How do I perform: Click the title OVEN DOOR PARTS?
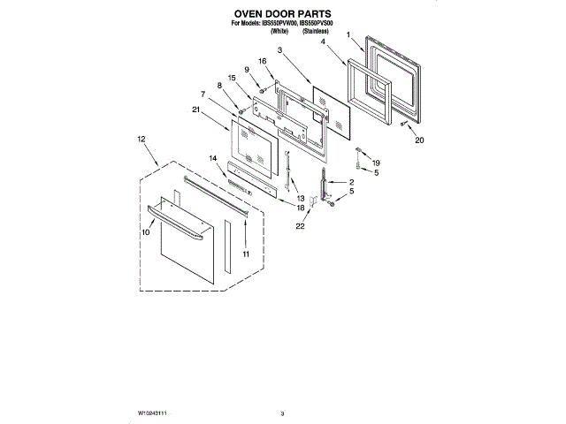click(283, 15)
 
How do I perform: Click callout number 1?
click(349, 35)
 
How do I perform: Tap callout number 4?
click(324, 42)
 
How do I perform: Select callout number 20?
click(419, 140)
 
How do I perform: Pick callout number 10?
click(146, 231)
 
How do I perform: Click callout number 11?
click(246, 254)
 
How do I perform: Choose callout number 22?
click(300, 227)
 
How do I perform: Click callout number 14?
click(212, 157)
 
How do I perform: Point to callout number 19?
click(375, 163)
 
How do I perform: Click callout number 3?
click(279, 53)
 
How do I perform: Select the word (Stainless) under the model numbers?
click(315, 31)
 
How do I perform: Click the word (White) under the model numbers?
click(281, 31)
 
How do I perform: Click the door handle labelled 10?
click(177, 221)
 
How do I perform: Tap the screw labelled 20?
click(404, 124)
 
